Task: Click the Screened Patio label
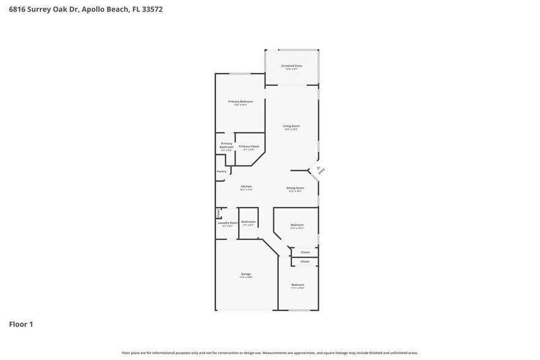pyautogui.click(x=291, y=66)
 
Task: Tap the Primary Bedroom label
pyautogui.click(x=240, y=101)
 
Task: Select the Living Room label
pyautogui.click(x=291, y=126)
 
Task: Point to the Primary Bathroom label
pyautogui.click(x=227, y=145)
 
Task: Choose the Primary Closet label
pyautogui.click(x=249, y=146)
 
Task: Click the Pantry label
pyautogui.click(x=222, y=171)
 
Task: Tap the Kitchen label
pyautogui.click(x=246, y=187)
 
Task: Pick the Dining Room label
pyautogui.click(x=295, y=188)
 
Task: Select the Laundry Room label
pyautogui.click(x=227, y=223)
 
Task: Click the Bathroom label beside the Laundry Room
pyautogui.click(x=248, y=222)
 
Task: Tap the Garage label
pyautogui.click(x=246, y=274)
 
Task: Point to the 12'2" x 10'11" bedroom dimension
pyautogui.click(x=297, y=228)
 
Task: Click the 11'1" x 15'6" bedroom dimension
pyautogui.click(x=298, y=288)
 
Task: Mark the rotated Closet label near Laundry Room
pyautogui.click(x=219, y=213)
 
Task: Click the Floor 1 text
pyautogui.click(x=21, y=324)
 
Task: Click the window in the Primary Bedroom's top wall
pyautogui.click(x=240, y=74)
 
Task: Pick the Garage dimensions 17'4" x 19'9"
pyautogui.click(x=246, y=277)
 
